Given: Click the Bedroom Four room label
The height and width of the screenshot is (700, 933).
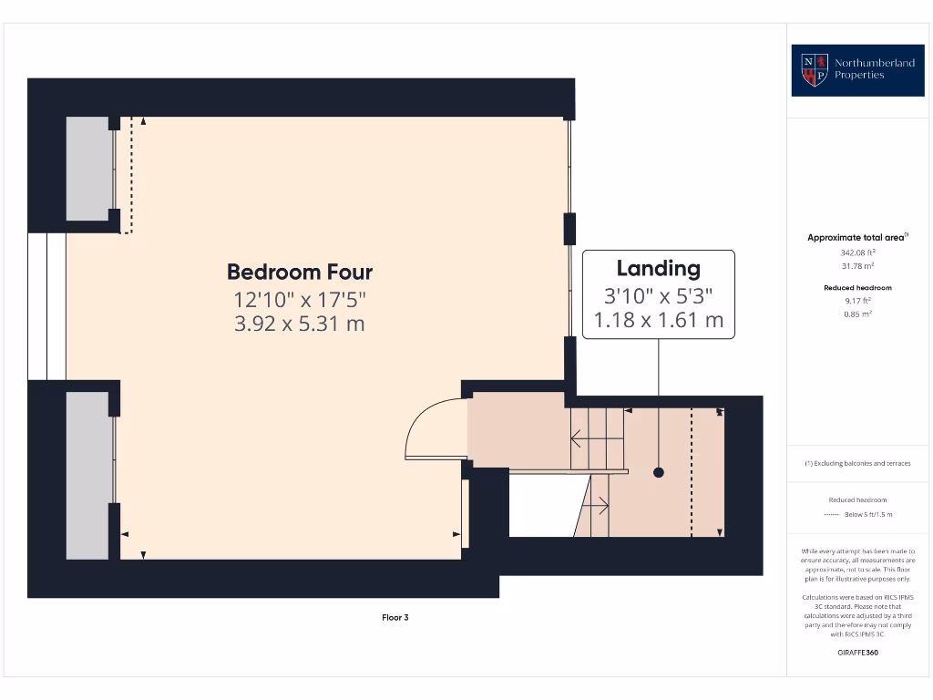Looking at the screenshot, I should [x=300, y=272].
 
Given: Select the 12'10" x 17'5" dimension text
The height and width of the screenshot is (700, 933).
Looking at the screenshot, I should [x=300, y=298].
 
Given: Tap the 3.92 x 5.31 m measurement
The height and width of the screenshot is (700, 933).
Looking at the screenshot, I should [x=300, y=323].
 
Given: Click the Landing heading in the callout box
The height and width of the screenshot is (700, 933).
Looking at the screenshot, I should [x=658, y=268].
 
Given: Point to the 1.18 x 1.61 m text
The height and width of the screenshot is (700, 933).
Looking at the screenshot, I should [x=658, y=320].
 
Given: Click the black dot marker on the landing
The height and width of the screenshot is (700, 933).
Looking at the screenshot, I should [x=658, y=472].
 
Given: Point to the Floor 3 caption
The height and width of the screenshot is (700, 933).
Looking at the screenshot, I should [x=395, y=618].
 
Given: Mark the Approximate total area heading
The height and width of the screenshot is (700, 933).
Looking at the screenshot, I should [x=856, y=238].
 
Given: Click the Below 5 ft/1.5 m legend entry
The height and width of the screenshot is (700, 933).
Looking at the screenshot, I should [x=868, y=515].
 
